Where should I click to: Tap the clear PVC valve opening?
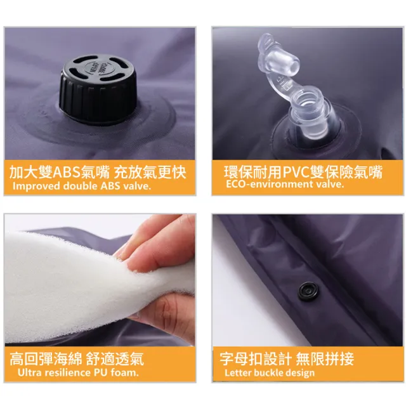tap(308, 100)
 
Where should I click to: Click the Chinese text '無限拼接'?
tap(325, 359)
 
